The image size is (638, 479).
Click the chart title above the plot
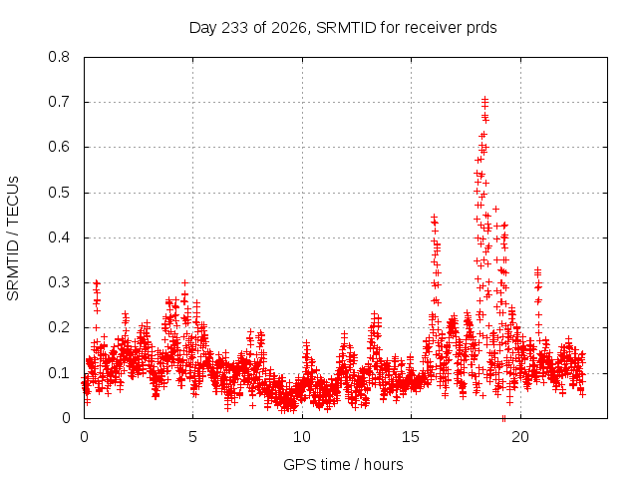[x=343, y=28]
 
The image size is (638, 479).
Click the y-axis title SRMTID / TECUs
[x=13, y=239]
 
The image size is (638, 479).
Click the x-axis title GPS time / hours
[x=343, y=464]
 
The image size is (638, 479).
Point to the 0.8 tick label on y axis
[x=59, y=57]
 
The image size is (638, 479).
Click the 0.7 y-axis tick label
[x=59, y=102]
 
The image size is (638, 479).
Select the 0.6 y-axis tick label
[x=59, y=147]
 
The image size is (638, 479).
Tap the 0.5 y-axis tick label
[x=59, y=193]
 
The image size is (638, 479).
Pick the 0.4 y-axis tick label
[x=59, y=238]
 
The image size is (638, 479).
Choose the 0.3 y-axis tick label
[x=59, y=282]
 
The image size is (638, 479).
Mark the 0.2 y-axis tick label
[x=59, y=327]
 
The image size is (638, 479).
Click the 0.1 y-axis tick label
[x=59, y=372]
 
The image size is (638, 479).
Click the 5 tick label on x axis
[x=192, y=437]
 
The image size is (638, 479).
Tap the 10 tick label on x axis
[x=302, y=437]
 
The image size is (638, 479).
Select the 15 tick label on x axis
[x=411, y=437]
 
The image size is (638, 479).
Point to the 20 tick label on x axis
[x=520, y=437]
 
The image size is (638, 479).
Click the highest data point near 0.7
[x=484, y=99]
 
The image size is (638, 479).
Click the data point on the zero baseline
[x=503, y=418]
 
